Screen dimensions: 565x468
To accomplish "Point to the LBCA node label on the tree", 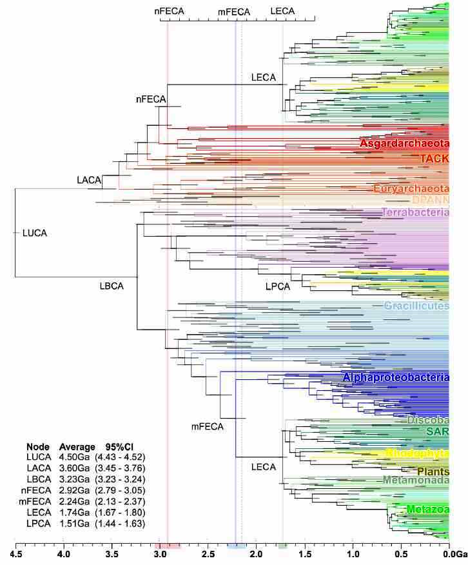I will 112,285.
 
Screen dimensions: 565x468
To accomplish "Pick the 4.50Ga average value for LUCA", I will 73,457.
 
